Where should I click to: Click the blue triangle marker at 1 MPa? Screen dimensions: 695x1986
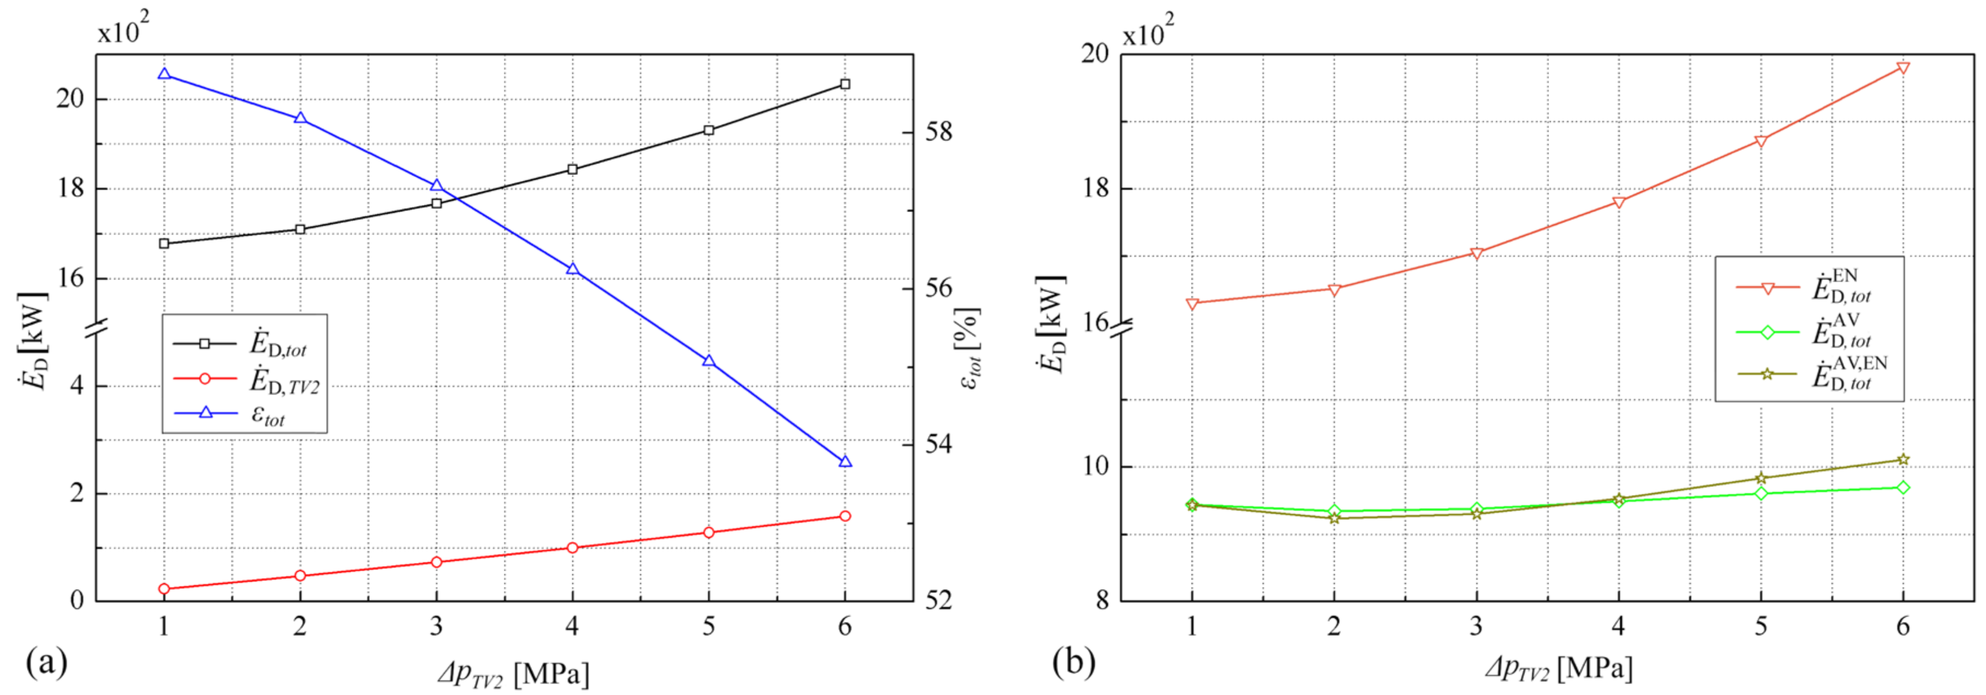163,74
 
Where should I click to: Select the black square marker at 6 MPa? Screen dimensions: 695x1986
845,84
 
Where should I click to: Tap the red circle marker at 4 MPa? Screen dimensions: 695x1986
572,548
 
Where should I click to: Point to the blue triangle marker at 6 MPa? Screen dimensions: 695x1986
845,462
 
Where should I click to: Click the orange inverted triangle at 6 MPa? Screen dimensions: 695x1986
1903,68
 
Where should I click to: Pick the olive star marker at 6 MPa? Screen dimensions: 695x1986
1903,460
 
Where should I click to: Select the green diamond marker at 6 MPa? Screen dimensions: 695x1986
1903,487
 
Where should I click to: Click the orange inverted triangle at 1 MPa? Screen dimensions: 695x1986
1192,304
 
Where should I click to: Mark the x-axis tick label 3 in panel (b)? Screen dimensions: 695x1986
1476,625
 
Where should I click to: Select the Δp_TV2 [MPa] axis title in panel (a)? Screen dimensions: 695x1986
513,674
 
